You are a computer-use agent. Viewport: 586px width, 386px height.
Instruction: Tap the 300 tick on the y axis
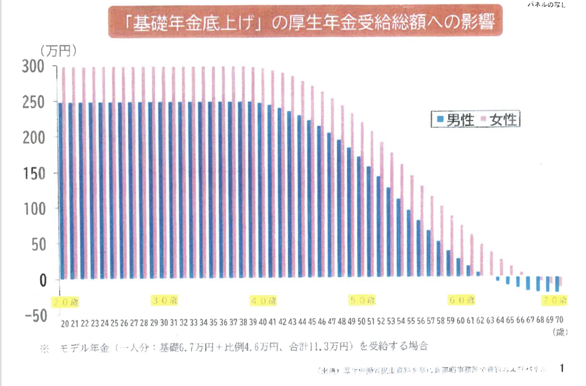[33, 67]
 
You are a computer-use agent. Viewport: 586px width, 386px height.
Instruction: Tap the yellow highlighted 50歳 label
[362, 300]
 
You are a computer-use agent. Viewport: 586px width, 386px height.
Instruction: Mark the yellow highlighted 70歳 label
[555, 300]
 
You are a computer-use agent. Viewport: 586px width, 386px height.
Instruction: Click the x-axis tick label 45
[312, 322]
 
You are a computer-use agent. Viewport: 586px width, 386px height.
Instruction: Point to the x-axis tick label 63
[490, 320]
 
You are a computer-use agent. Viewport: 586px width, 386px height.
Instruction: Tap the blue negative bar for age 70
[557, 284]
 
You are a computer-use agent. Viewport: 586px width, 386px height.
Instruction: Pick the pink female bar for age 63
[491, 263]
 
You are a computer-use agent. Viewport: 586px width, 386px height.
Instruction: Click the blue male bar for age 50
[359, 217]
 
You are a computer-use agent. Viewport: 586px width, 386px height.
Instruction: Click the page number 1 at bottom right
[562, 368]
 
